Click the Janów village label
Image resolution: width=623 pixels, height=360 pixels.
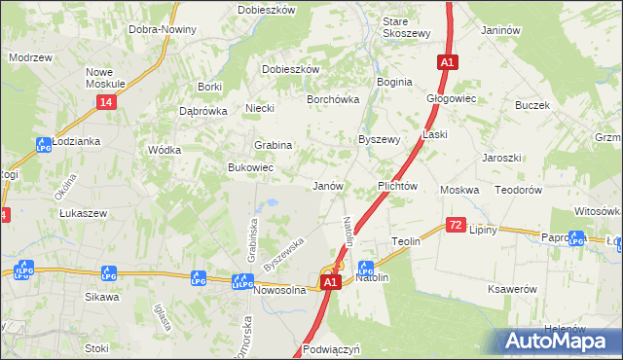tap(327, 186)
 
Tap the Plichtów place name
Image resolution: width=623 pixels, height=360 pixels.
tap(397, 186)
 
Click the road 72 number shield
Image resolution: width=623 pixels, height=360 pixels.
tap(456, 225)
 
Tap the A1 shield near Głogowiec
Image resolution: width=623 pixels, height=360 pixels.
tap(447, 62)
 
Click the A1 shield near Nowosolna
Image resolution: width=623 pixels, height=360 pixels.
tap(330, 282)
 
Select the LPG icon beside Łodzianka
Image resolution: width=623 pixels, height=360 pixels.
tap(43, 146)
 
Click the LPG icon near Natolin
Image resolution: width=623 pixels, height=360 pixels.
tap(366, 267)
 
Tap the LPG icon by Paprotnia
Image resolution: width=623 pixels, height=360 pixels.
tap(576, 236)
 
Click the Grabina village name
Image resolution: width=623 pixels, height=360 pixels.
tap(274, 145)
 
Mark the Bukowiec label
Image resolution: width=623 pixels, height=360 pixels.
tap(250, 168)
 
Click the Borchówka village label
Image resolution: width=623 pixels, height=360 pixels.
tap(333, 99)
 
